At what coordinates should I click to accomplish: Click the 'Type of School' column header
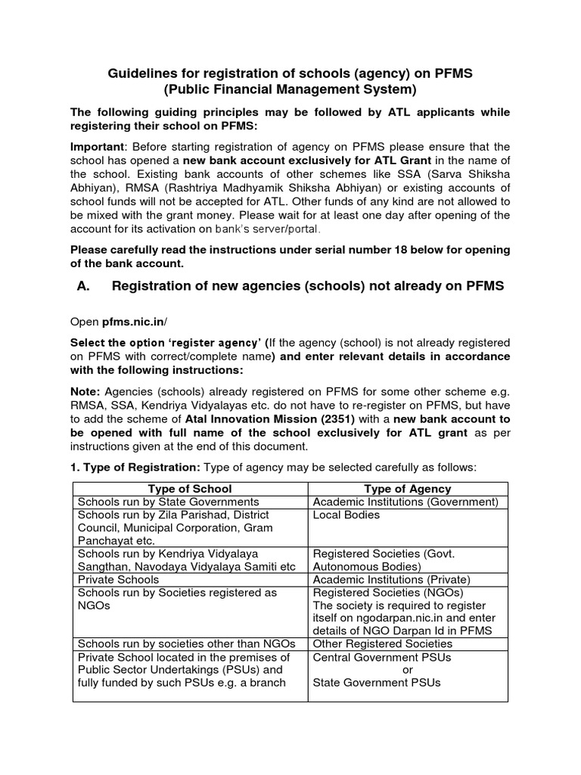190,489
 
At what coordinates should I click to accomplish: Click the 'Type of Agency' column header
407,489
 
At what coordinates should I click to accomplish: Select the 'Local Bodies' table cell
346,515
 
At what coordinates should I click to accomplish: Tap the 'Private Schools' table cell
118,580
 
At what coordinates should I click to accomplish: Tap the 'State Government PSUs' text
376,683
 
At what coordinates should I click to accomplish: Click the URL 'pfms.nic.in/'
133,321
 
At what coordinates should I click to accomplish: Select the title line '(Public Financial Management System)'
290,90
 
